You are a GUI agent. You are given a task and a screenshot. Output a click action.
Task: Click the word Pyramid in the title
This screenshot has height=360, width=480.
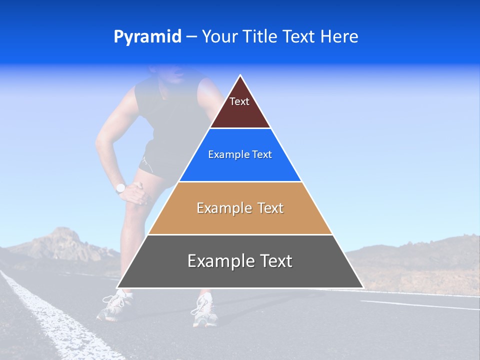click(147, 37)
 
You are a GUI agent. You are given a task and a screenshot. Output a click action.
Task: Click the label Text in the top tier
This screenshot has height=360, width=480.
click(239, 101)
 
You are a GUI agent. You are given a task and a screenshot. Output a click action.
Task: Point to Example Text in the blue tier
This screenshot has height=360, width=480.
click(240, 154)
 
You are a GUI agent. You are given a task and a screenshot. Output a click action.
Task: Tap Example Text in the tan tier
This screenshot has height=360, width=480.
click(240, 208)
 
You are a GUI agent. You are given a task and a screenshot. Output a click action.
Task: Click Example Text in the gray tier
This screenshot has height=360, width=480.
click(240, 261)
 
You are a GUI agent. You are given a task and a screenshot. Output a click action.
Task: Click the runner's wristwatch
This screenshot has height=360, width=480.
click(120, 188)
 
